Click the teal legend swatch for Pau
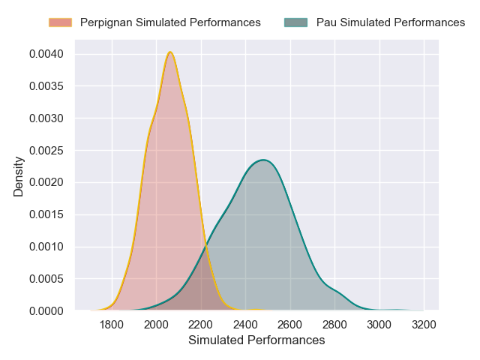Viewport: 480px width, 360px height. pyautogui.click(x=296, y=22)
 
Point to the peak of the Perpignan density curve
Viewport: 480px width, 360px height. pyautogui.click(x=170, y=52)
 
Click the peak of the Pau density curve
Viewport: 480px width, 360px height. pyautogui.click(x=263, y=160)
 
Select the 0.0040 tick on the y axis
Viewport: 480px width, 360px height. pyautogui.click(x=47, y=54)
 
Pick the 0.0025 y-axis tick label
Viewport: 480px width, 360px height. pyautogui.click(x=47, y=151)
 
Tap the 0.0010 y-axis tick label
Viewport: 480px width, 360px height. pyautogui.click(x=47, y=247)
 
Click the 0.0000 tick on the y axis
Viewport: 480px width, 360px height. pyautogui.click(x=47, y=310)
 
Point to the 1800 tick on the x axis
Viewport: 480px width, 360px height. pyautogui.click(x=112, y=325)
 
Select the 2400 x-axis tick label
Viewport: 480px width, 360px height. pyautogui.click(x=245, y=325)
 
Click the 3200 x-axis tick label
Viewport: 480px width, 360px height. pyautogui.click(x=424, y=325)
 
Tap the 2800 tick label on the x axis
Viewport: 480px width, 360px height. pyautogui.click(x=334, y=325)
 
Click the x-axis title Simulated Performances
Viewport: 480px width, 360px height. pyautogui.click(x=256, y=340)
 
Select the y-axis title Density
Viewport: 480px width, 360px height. pyautogui.click(x=19, y=182)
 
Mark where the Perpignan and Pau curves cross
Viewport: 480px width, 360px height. pyautogui.click(x=205, y=247)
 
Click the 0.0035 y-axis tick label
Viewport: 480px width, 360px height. pyautogui.click(x=47, y=86)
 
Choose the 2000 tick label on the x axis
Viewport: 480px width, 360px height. pyautogui.click(x=156, y=325)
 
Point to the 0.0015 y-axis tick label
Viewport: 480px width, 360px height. pyautogui.click(x=47, y=214)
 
